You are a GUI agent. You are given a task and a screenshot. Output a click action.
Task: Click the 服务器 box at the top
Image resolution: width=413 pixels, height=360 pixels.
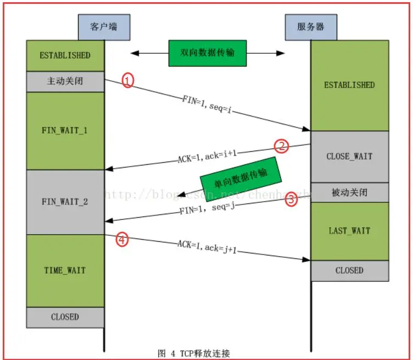(311, 26)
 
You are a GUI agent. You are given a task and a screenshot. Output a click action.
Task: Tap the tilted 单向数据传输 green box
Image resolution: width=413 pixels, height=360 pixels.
(241, 178)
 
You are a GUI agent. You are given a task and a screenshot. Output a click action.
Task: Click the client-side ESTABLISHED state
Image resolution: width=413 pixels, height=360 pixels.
(65, 56)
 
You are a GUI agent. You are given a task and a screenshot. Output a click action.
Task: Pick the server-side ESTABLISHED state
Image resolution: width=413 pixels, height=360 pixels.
(349, 85)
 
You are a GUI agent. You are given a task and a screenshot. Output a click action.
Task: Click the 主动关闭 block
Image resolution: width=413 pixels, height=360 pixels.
(65, 81)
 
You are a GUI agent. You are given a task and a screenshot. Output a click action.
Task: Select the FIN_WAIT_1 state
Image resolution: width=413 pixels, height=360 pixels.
(65, 131)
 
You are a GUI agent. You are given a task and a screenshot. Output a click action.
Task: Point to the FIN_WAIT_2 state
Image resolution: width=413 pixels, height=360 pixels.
(65, 202)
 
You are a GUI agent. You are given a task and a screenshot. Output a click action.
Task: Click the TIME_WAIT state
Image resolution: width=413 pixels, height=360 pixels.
(65, 270)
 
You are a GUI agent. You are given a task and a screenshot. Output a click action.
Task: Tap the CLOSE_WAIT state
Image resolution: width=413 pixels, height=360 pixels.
(349, 157)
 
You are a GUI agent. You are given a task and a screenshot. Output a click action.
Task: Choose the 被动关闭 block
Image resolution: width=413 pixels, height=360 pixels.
(349, 192)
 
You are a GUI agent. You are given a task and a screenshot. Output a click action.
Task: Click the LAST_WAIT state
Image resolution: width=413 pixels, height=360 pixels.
(349, 231)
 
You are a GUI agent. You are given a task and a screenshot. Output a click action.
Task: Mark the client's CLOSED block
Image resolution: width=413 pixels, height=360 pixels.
(65, 317)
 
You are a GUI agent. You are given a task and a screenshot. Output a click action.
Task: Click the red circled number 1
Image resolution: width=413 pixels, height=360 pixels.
(127, 81)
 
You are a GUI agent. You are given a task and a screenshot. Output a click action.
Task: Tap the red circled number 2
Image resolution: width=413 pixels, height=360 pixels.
(281, 146)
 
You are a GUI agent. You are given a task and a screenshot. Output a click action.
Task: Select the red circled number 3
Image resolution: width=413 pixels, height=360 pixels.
(291, 200)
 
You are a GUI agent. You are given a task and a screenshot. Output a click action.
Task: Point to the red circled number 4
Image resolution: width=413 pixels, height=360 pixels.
(122, 239)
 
